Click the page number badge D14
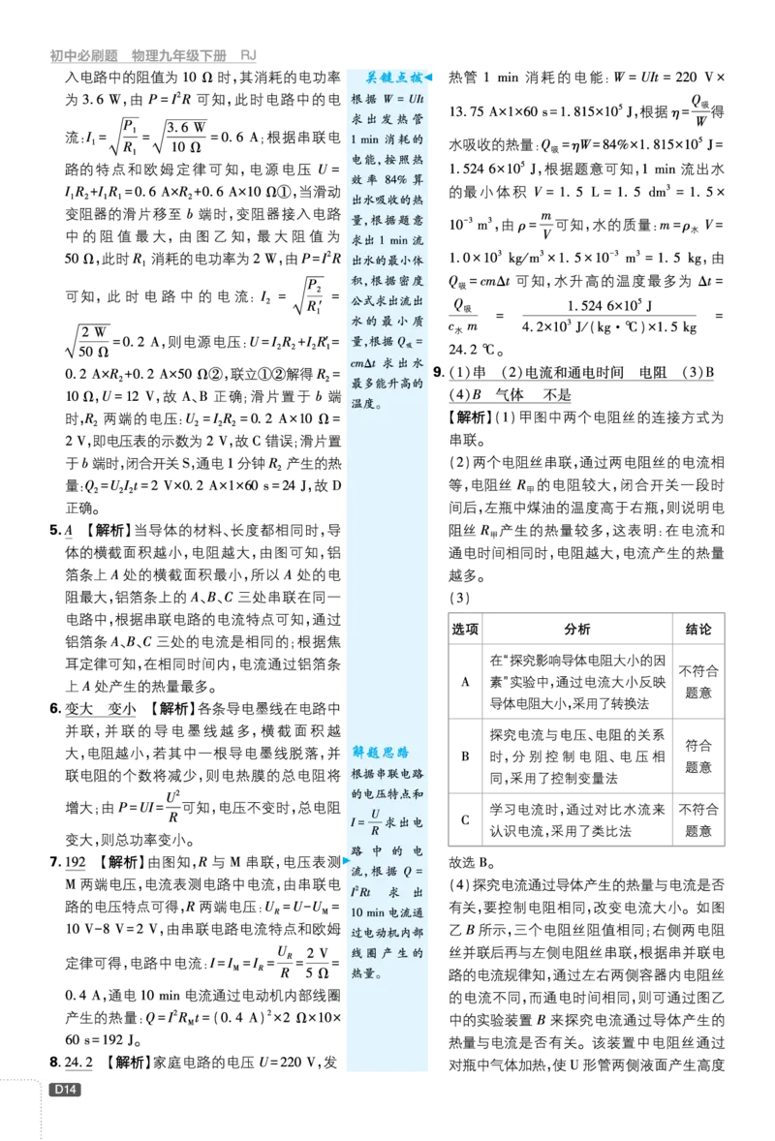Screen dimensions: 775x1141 pos(64,1090)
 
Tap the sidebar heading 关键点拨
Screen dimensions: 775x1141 pos(393,77)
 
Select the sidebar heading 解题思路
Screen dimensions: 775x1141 pos(381,753)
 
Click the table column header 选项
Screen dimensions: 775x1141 pos(465,629)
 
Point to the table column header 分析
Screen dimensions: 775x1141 pos(577,629)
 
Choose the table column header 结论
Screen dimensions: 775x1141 pos(697,629)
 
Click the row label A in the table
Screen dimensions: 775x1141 pos(465,682)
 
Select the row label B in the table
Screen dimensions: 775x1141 pos(465,756)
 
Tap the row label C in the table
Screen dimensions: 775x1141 pos(465,820)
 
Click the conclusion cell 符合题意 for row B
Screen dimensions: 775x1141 pos(697,756)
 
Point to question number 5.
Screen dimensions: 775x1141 pos(55,531)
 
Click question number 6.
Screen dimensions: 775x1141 pos(55,709)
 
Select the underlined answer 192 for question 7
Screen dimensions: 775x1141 pos(76,862)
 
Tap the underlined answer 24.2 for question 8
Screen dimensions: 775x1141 pos(78,1063)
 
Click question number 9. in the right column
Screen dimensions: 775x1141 pos(439,373)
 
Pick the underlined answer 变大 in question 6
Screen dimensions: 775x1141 pos(79,709)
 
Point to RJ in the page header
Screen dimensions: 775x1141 pos(248,55)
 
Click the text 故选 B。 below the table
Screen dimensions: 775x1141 pos(473,862)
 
